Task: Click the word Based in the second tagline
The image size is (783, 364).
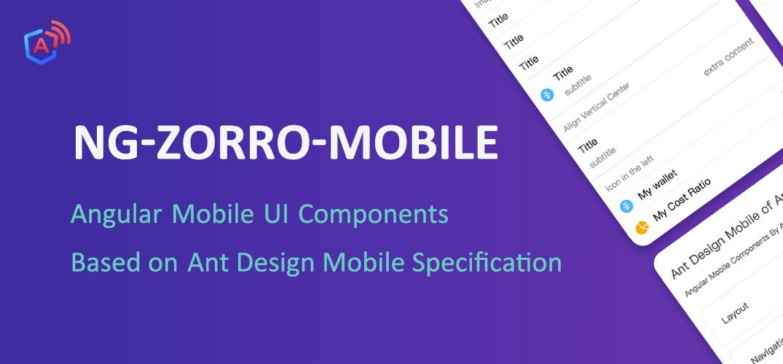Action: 100,262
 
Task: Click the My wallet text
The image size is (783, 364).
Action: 657,185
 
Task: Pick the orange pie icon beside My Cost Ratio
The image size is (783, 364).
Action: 642,228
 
